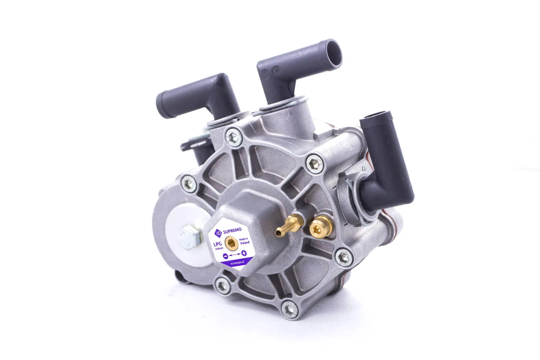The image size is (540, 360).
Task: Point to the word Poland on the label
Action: tap(245, 242)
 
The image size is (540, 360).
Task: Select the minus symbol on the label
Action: tap(225, 256)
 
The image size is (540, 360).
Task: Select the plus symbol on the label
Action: tap(244, 253)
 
